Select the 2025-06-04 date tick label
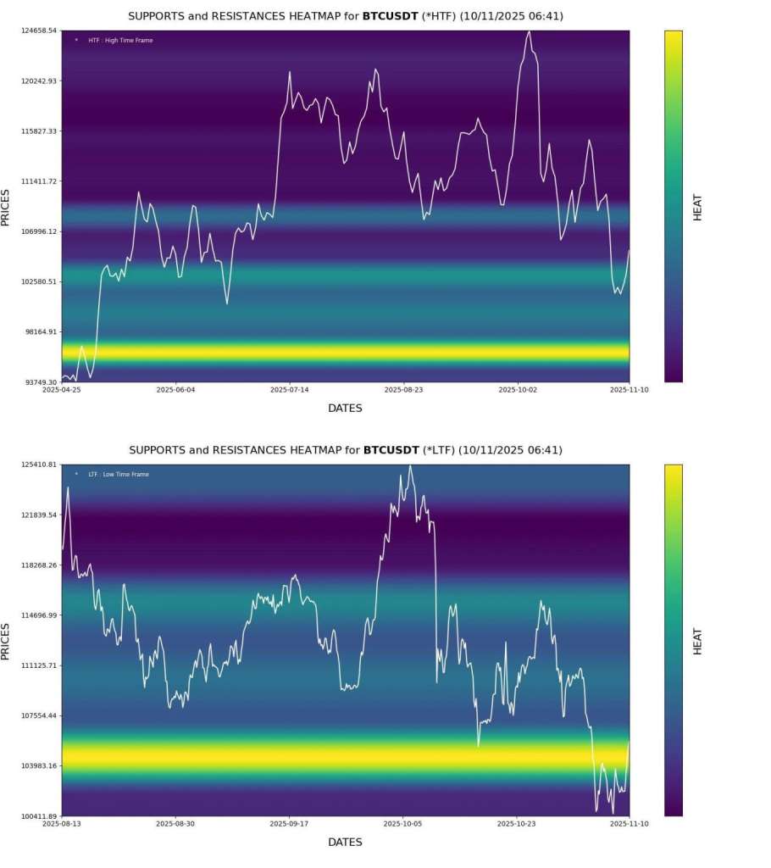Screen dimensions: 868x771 click(176, 390)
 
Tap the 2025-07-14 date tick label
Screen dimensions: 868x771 click(289, 390)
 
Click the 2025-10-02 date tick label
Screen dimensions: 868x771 click(517, 390)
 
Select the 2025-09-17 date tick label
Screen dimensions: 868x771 click(289, 824)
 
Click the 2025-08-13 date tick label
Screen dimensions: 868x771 click(62, 824)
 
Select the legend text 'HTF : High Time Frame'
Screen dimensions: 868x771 click(120, 41)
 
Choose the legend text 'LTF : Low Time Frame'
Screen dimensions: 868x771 click(118, 475)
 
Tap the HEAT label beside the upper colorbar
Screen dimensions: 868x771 click(697, 208)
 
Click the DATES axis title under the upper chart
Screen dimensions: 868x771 click(345, 409)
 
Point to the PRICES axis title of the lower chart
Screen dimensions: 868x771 click(6, 642)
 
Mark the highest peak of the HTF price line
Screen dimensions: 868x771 click(529, 31)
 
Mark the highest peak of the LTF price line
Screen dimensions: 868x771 click(410, 465)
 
